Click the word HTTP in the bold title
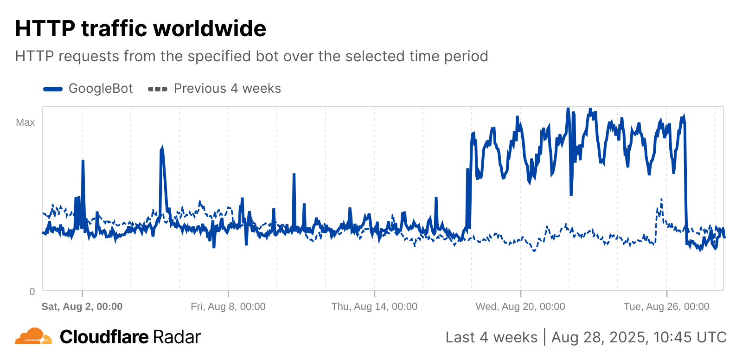(x=45, y=29)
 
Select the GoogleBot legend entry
(x=101, y=89)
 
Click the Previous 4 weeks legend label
(x=227, y=89)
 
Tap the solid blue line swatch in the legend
(x=53, y=89)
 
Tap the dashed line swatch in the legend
(x=157, y=89)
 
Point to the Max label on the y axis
(x=26, y=122)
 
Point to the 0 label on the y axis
(x=32, y=291)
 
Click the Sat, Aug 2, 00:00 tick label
(x=82, y=307)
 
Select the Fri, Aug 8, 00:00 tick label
(x=228, y=307)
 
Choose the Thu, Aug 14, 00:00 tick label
(x=374, y=307)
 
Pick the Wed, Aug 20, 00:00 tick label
(x=520, y=307)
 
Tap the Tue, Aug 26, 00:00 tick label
(x=666, y=307)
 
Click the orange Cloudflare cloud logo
(x=33, y=336)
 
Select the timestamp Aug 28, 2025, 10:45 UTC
(x=639, y=337)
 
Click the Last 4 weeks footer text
(x=491, y=337)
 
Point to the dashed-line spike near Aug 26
(x=661, y=200)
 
